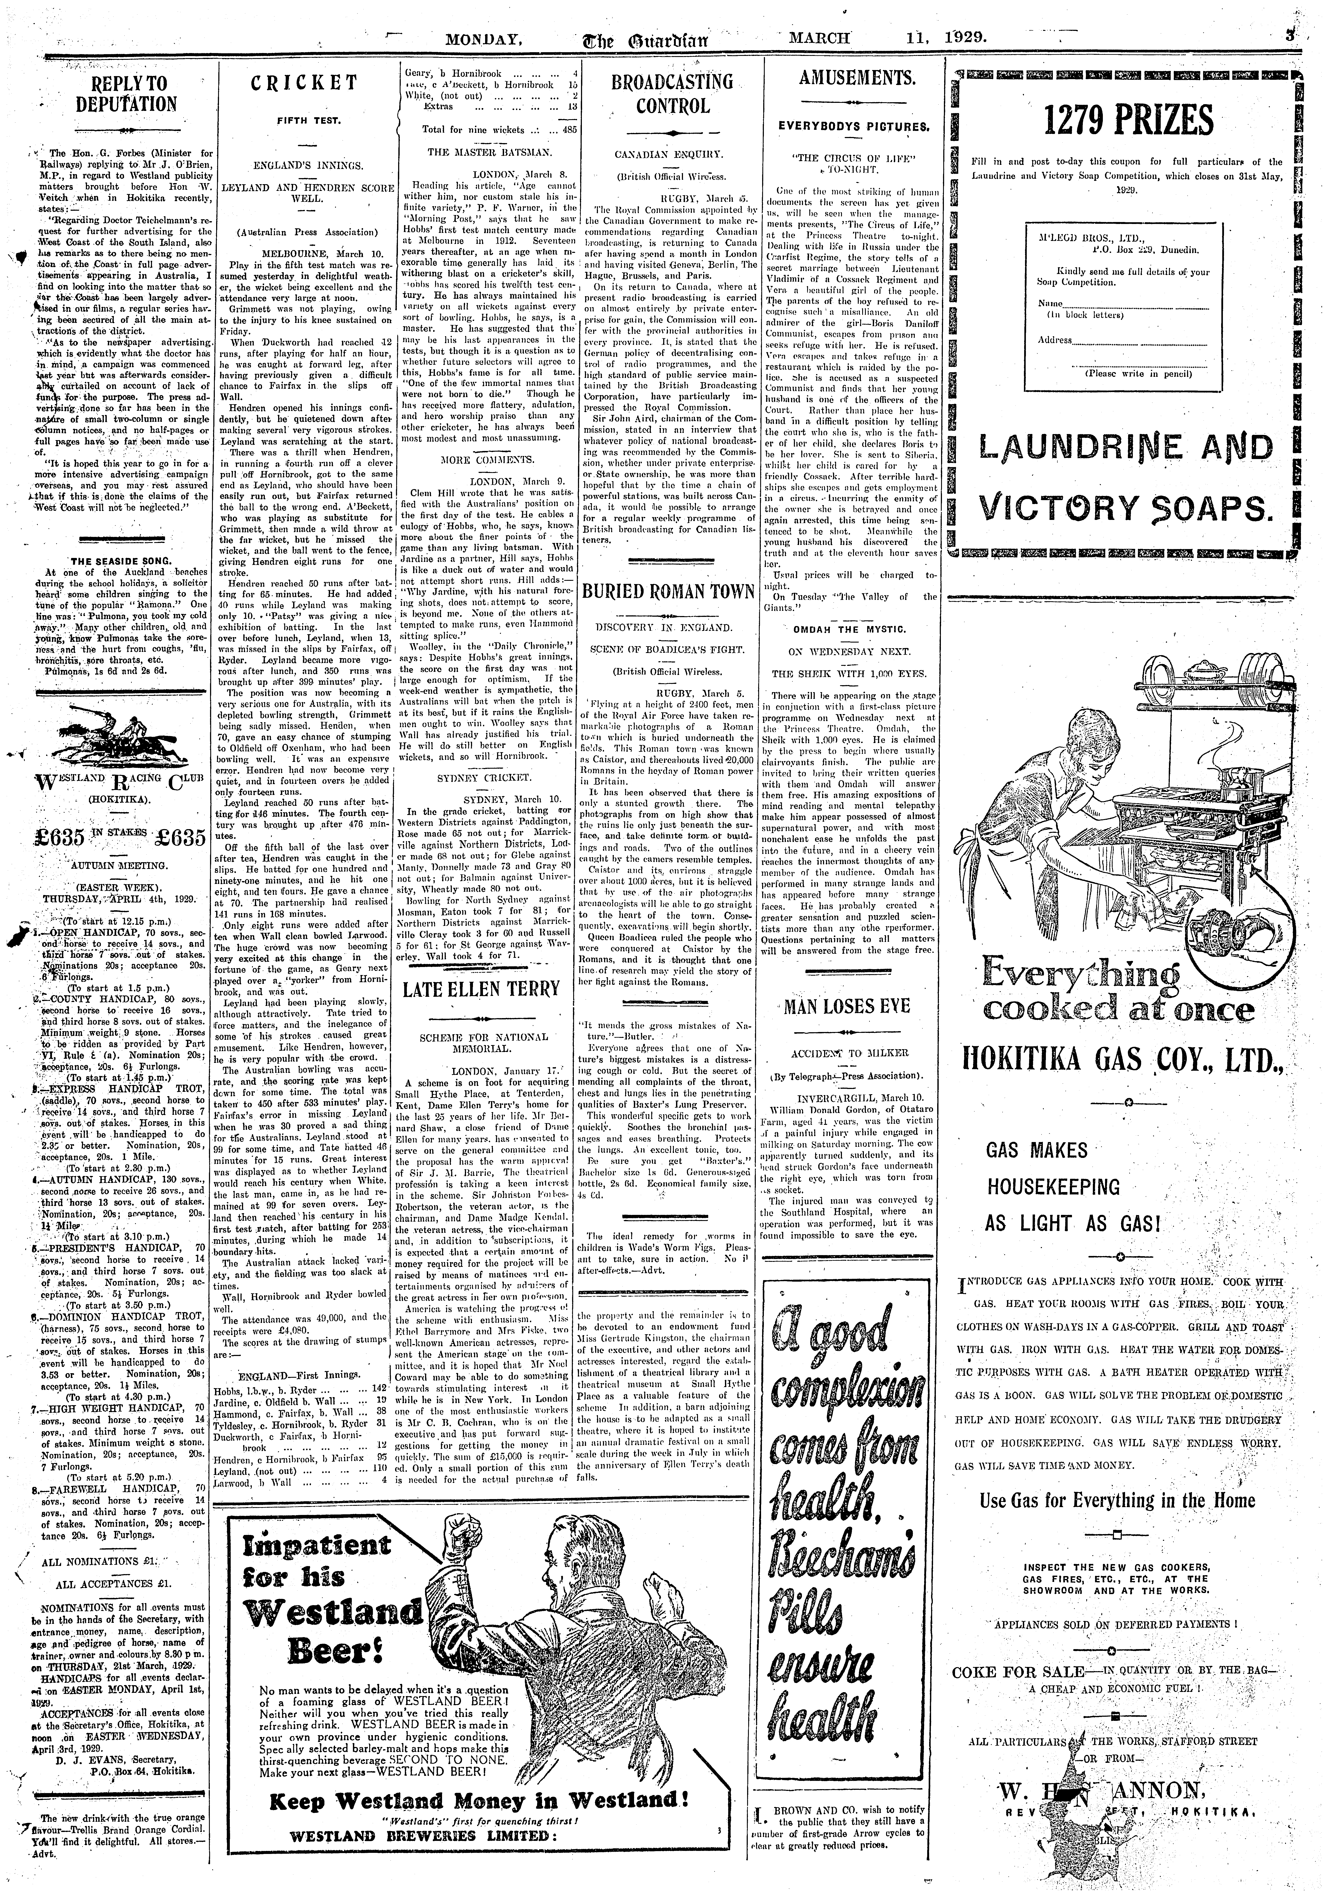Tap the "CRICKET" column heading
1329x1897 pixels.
(305, 83)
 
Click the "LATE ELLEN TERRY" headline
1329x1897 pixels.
(482, 990)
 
